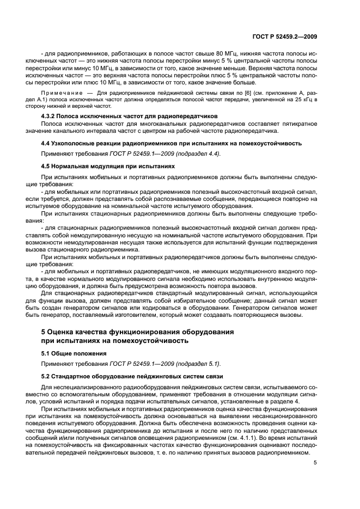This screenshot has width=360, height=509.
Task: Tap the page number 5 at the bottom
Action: pyautogui.click(x=315, y=463)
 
